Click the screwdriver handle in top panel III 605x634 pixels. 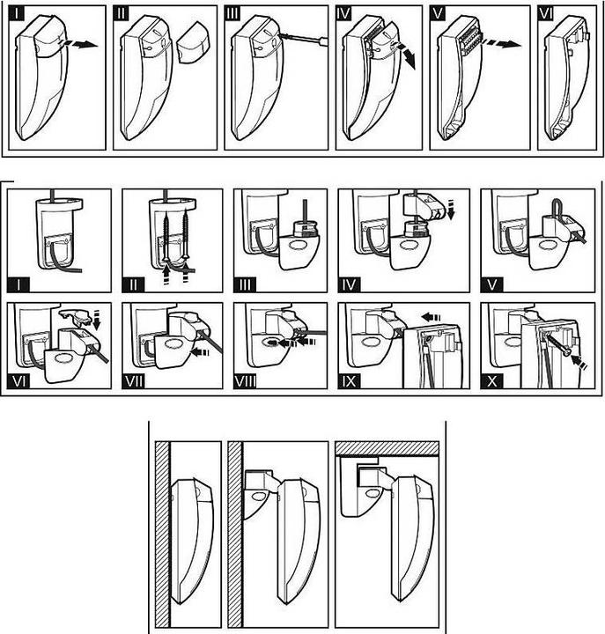tap(323, 41)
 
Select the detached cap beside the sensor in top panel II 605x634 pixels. tap(195, 43)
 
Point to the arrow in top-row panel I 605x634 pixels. tap(78, 44)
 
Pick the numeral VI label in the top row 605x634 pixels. tap(545, 13)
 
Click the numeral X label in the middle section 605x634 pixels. tap(492, 381)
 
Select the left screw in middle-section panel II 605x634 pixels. tap(166, 238)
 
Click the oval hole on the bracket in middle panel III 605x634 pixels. tap(299, 247)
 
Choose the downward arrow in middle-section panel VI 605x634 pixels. tap(96, 320)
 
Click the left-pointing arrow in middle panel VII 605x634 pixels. tap(200, 352)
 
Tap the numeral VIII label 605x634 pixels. tap(245, 381)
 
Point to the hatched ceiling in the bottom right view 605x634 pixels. tap(387, 448)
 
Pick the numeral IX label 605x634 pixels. tap(350, 381)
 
